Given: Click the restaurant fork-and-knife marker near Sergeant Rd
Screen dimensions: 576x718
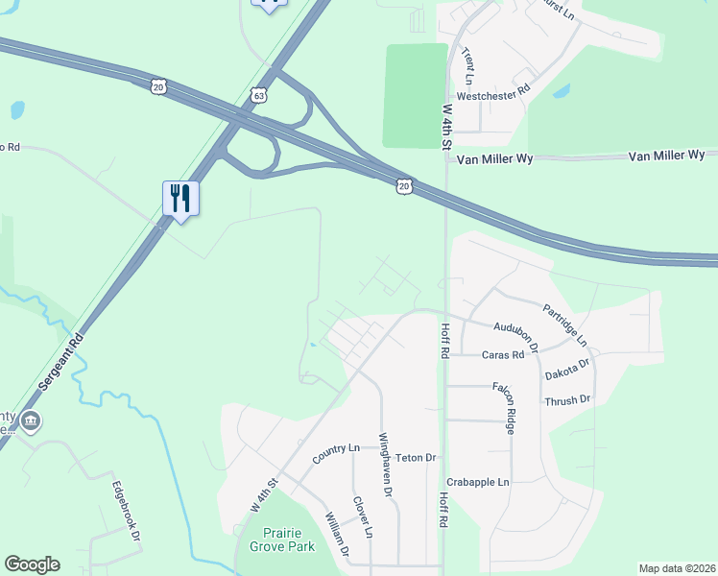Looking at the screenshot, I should click(x=180, y=199).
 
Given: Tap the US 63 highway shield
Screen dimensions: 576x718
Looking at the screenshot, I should click(x=256, y=95).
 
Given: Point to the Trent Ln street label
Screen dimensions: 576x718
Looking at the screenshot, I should click(x=468, y=64).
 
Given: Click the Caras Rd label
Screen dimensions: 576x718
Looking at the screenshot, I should click(x=503, y=354).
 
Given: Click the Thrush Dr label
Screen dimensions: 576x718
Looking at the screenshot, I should click(x=566, y=399).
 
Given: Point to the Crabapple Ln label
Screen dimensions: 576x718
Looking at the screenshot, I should click(x=478, y=481).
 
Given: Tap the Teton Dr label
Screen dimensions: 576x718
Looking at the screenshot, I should click(x=417, y=458).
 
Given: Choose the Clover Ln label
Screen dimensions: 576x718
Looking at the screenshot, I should click(x=362, y=517).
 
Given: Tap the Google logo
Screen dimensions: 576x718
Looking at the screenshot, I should click(x=32, y=564).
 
